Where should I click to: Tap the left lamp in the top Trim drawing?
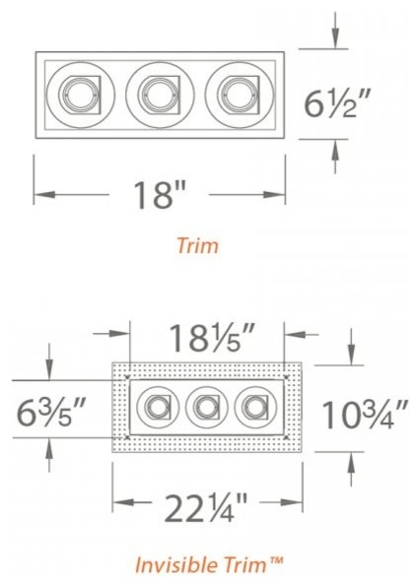79,95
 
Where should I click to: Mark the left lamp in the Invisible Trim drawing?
157,407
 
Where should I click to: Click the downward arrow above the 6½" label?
336,34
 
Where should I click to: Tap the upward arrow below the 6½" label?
336,153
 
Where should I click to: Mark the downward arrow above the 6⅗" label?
48,372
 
